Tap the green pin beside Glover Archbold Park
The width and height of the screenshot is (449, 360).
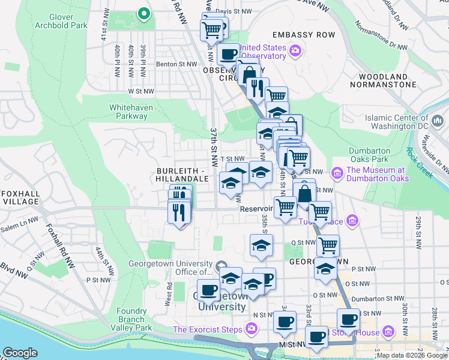pyautogui.click(x=143, y=13)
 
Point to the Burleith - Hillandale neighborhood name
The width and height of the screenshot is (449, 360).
pyautogui.click(x=181, y=174)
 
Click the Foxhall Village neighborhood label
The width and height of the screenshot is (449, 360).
pyautogui.click(x=20, y=197)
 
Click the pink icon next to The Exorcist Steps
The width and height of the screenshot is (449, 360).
pyautogui.click(x=252, y=329)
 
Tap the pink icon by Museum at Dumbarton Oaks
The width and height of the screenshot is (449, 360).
pyautogui.click(x=337, y=174)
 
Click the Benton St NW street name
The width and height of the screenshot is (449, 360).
pyautogui.click(x=177, y=64)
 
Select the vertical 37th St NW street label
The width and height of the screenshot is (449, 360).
pyautogui.click(x=214, y=146)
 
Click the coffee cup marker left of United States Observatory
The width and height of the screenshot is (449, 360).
pyautogui.click(x=228, y=55)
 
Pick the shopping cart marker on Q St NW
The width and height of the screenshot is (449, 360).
pyautogui.click(x=328, y=245)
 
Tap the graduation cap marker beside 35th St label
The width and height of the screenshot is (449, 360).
pyautogui.click(x=261, y=245)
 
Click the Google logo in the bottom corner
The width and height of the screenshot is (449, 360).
pyautogui.click(x=20, y=353)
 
